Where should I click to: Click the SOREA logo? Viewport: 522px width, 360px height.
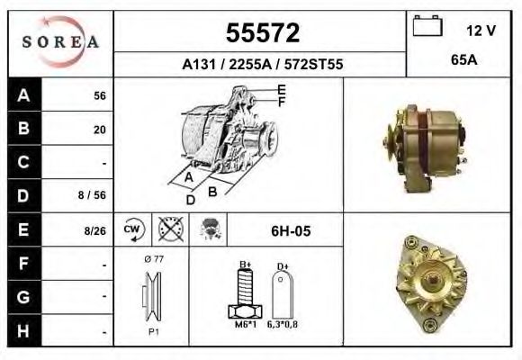[60, 42]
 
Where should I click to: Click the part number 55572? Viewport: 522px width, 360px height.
[262, 33]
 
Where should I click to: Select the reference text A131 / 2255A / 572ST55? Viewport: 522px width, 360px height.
[262, 65]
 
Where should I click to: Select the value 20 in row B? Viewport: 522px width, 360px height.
[100, 130]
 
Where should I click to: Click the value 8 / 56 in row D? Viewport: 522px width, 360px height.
[94, 194]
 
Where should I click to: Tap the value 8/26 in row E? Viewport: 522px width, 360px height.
[94, 231]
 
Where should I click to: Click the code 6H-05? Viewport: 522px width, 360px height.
[291, 231]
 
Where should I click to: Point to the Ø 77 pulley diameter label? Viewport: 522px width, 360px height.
[153, 259]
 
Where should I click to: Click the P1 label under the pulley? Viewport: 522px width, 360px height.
[153, 332]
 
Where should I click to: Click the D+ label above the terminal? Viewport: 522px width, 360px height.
[283, 265]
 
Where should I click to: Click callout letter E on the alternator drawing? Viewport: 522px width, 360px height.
[282, 89]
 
